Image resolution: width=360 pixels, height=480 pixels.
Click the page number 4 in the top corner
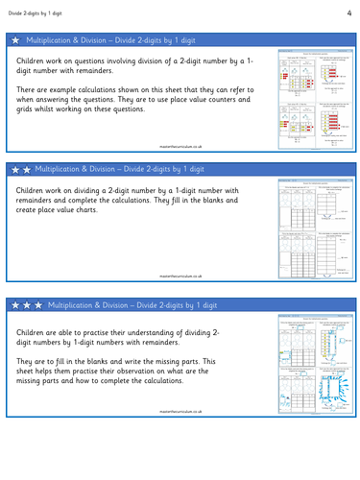pos(349,11)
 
